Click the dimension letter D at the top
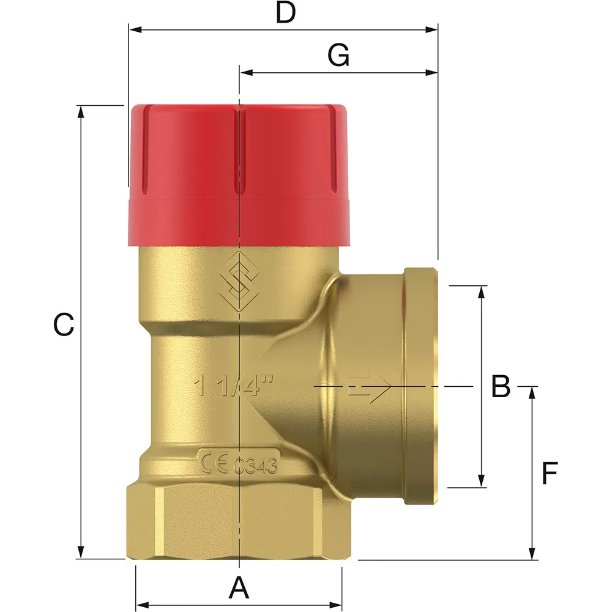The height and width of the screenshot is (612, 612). pyautogui.click(x=285, y=12)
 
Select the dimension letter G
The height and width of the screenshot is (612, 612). pyautogui.click(x=338, y=56)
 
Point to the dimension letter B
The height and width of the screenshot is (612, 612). pyautogui.click(x=501, y=387)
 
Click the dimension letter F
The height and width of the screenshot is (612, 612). pyautogui.click(x=550, y=474)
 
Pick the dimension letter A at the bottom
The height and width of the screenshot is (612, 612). pyautogui.click(x=239, y=589)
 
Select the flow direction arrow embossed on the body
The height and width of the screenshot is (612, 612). pyautogui.click(x=369, y=387)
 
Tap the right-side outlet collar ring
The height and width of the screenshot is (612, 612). pyautogui.click(x=420, y=387)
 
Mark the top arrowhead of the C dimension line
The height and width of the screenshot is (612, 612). pyautogui.click(x=81, y=111)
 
